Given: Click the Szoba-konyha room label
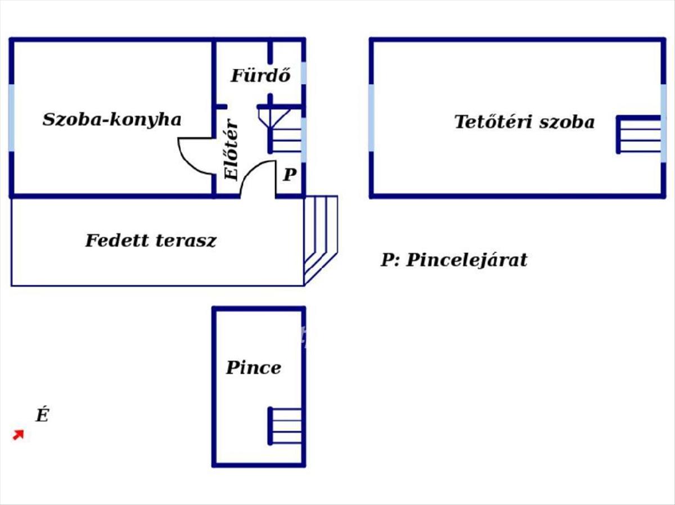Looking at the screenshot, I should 112,120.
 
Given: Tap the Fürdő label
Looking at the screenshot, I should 260,76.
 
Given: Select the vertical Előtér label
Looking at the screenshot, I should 232,151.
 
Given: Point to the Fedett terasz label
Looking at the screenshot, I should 151,241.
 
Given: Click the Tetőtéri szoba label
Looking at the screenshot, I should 524,122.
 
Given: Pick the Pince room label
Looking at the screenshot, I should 253,368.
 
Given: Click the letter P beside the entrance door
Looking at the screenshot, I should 289,175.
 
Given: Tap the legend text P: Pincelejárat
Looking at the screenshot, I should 454,260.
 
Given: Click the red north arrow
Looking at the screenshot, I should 19,435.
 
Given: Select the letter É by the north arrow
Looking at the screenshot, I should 42,416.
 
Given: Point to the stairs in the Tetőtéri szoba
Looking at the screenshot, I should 639,134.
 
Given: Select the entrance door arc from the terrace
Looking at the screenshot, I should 258,177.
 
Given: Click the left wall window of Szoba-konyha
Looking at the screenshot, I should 11,118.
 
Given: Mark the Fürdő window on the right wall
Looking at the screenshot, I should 304,73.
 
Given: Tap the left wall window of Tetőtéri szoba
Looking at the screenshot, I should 371,118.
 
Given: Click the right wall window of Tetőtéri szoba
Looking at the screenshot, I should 664,118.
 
